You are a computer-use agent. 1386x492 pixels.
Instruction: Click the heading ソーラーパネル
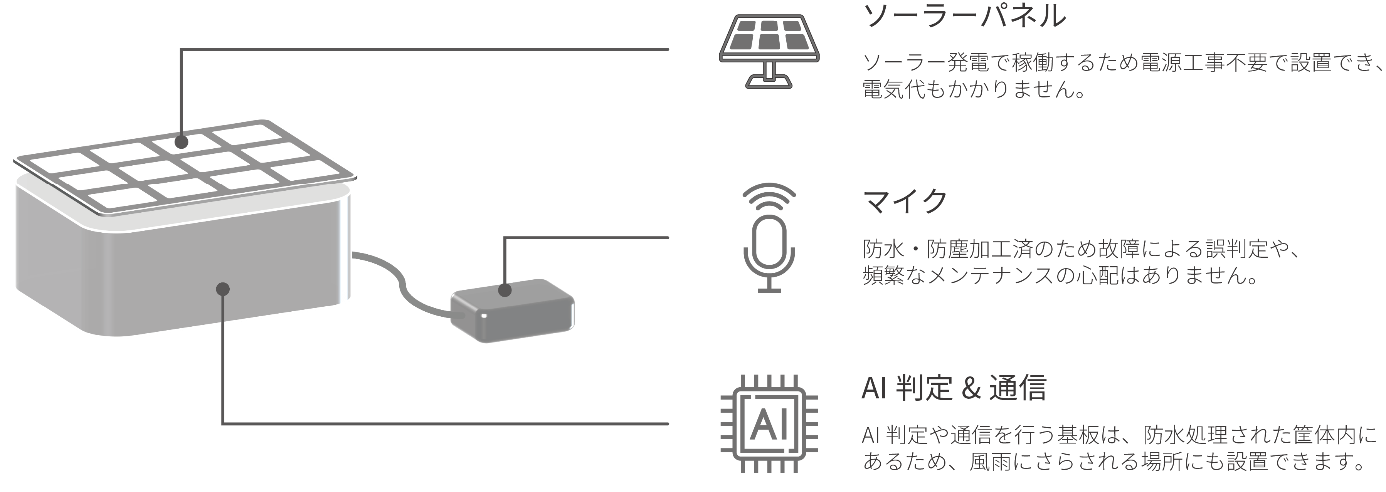(x=964, y=16)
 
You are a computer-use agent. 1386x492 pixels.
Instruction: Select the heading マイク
(x=905, y=201)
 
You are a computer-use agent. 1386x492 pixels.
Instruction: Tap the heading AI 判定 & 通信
(x=954, y=388)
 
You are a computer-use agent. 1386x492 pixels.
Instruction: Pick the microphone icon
(x=769, y=238)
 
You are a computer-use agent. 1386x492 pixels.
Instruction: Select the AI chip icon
(x=769, y=424)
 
